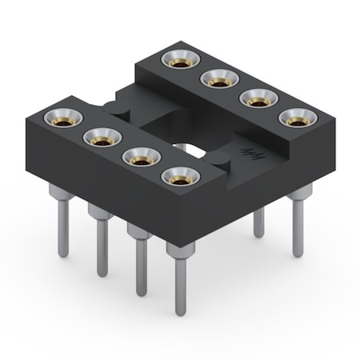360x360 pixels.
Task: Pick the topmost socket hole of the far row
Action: pyautogui.click(x=178, y=59)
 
